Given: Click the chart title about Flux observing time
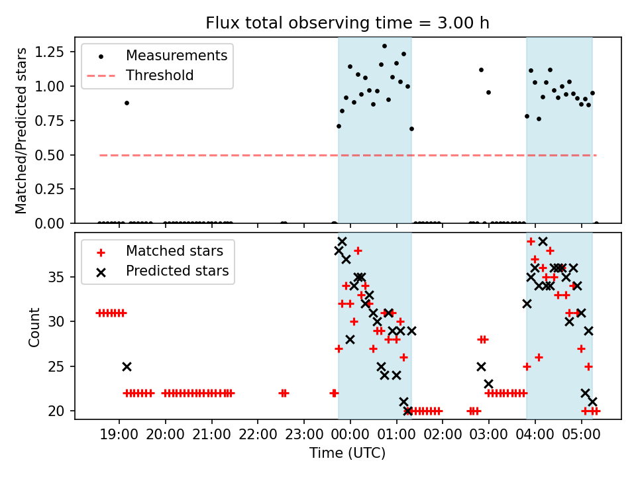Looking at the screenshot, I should pos(347,23).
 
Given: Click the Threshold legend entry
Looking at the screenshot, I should pos(160,76).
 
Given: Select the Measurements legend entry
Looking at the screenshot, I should pos(176,55).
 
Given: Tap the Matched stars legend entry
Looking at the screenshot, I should pos(174,251).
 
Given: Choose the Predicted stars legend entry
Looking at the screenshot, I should pos(177,271).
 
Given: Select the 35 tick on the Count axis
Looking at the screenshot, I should pos(62,276).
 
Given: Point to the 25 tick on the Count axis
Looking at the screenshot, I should pos(62,366).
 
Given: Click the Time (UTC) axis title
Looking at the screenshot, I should pos(347,454).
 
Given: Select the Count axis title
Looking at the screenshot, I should pos(34,327).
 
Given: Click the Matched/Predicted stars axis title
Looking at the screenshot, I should pos(22,131).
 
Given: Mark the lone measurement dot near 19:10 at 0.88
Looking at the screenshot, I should pos(127,103).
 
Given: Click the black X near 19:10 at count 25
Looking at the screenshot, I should pos(127,366).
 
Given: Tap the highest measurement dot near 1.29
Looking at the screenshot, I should pos(384,46).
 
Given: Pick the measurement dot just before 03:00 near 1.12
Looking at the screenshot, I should pos(481,70).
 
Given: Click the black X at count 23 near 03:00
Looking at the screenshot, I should pos(488,384).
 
